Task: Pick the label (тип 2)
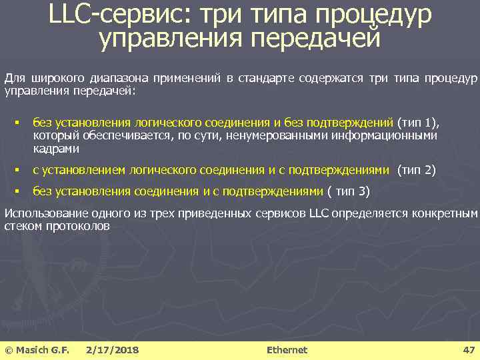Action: (417, 170)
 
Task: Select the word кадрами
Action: (55, 149)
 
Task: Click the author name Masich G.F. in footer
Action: (42, 350)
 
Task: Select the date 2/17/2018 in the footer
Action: (113, 350)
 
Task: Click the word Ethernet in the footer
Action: (287, 350)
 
